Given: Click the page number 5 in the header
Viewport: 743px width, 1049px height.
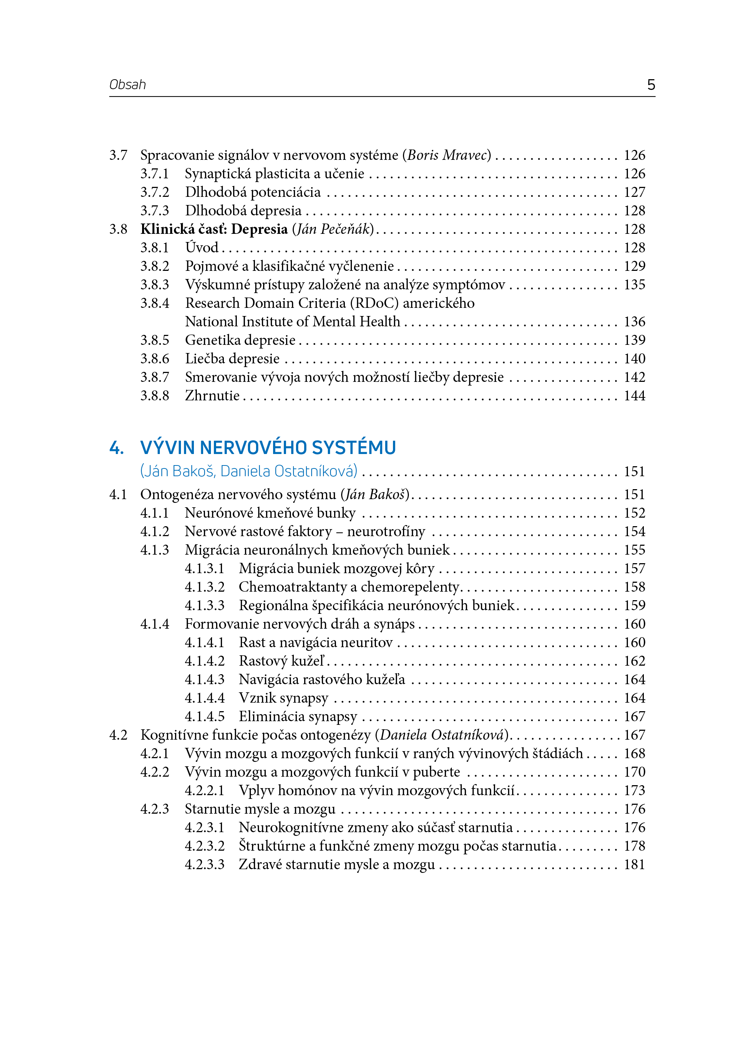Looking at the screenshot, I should (650, 85).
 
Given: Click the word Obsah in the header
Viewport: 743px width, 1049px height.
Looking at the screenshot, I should (128, 85).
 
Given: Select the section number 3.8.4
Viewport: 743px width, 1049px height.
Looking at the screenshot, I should (155, 303).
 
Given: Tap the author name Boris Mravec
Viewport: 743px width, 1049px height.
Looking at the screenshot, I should (447, 155).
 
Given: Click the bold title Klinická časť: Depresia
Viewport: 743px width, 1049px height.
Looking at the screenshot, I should (214, 229).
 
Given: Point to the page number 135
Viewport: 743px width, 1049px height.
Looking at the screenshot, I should (634, 285).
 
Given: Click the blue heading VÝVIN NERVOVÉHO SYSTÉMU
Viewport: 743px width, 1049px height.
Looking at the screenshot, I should (268, 447).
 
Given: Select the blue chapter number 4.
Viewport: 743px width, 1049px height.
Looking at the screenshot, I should (116, 447).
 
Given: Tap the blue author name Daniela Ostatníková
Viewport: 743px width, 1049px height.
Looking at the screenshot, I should (288, 471).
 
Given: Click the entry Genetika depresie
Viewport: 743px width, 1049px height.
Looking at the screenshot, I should (240, 340).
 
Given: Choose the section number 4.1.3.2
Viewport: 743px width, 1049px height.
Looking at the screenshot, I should (205, 587).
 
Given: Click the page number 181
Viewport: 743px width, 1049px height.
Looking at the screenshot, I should (634, 865).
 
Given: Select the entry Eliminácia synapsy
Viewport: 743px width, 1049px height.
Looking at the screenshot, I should (298, 716).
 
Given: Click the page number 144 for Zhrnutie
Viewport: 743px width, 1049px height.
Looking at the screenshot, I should (634, 396).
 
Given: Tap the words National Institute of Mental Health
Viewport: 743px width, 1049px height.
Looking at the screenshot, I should (292, 322).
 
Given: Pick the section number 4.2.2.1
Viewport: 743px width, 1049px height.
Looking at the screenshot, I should (205, 790).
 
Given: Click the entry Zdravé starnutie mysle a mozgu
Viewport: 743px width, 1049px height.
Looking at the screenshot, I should (337, 865).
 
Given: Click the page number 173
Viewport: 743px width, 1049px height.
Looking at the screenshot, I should (634, 790).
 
